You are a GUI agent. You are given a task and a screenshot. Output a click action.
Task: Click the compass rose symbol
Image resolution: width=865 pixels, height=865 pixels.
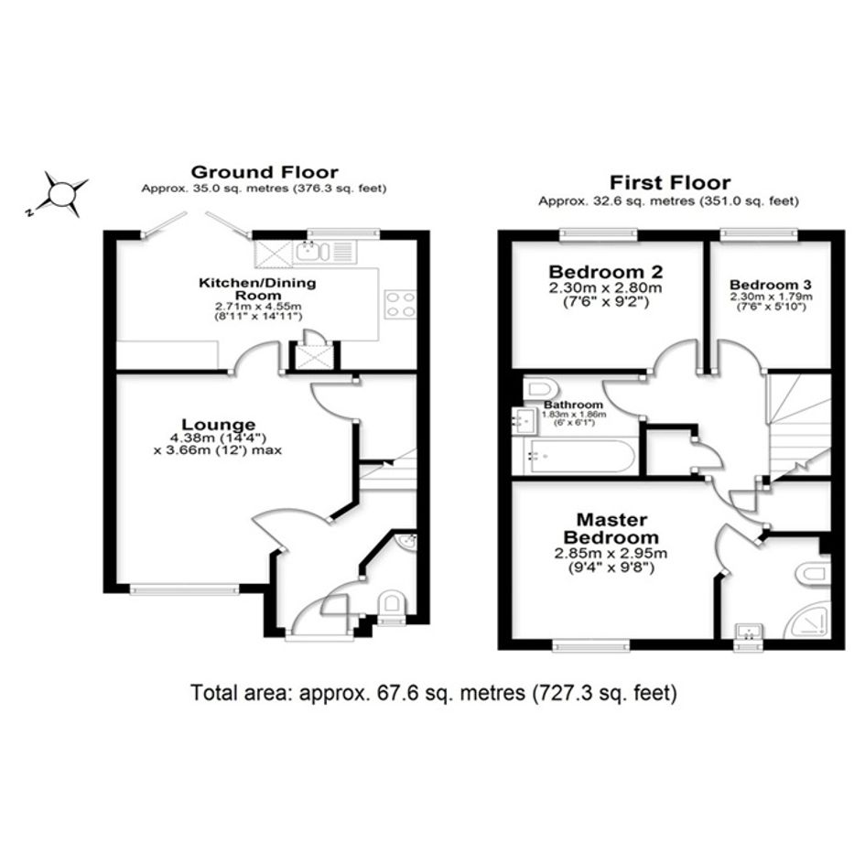click(61, 194)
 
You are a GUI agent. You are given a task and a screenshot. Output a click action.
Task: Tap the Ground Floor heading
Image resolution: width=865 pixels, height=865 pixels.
click(265, 171)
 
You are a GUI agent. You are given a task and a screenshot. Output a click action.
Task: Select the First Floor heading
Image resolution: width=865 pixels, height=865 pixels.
click(670, 182)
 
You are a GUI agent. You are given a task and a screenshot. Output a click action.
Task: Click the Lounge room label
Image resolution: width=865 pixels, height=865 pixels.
click(219, 424)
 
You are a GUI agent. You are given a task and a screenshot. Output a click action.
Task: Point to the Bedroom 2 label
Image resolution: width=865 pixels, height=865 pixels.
click(605, 272)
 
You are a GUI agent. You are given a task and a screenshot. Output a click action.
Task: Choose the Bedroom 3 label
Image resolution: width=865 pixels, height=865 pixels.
click(770, 285)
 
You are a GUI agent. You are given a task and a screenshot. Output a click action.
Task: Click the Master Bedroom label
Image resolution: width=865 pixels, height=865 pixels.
click(611, 528)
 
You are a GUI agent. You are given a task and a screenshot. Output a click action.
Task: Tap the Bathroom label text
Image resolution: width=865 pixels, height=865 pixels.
click(574, 405)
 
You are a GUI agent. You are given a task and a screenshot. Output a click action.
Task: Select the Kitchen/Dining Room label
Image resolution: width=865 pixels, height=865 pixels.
click(257, 288)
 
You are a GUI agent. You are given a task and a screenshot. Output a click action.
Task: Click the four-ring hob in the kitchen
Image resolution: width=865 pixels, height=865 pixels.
click(401, 304)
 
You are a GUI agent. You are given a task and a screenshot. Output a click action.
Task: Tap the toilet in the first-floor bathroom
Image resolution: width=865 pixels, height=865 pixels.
click(539, 389)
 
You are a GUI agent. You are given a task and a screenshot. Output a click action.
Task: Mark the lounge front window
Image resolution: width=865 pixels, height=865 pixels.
click(185, 589)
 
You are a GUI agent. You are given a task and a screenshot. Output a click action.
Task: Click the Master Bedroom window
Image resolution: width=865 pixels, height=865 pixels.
click(590, 645)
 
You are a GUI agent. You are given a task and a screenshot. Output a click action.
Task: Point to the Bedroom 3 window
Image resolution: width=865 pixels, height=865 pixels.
click(760, 235)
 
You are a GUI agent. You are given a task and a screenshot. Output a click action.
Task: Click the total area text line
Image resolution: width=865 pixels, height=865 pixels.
click(434, 692)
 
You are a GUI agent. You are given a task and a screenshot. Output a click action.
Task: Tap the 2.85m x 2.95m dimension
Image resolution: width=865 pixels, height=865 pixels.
click(611, 553)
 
